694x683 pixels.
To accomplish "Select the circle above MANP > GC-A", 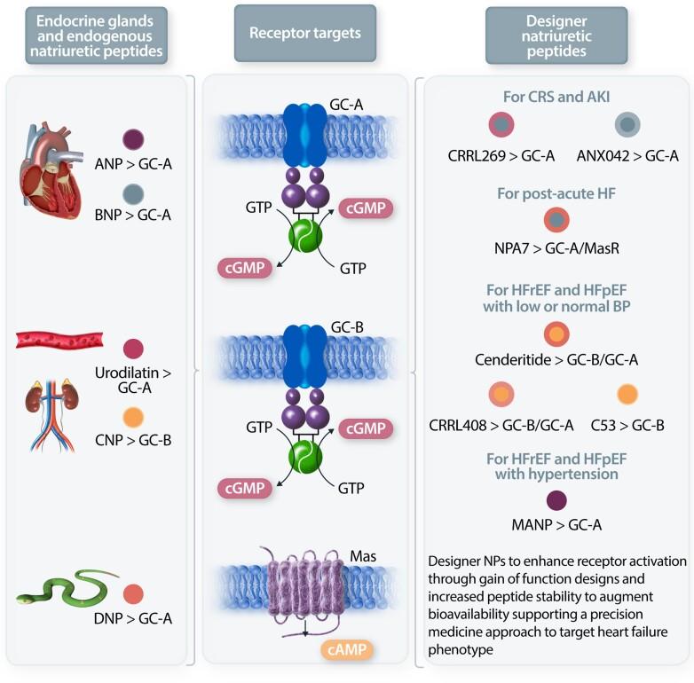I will (x=557, y=499).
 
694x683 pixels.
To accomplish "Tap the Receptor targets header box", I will (x=305, y=34).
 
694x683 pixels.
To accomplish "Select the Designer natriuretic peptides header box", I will (x=556, y=35).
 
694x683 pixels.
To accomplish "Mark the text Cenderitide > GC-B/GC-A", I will (x=556, y=360).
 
